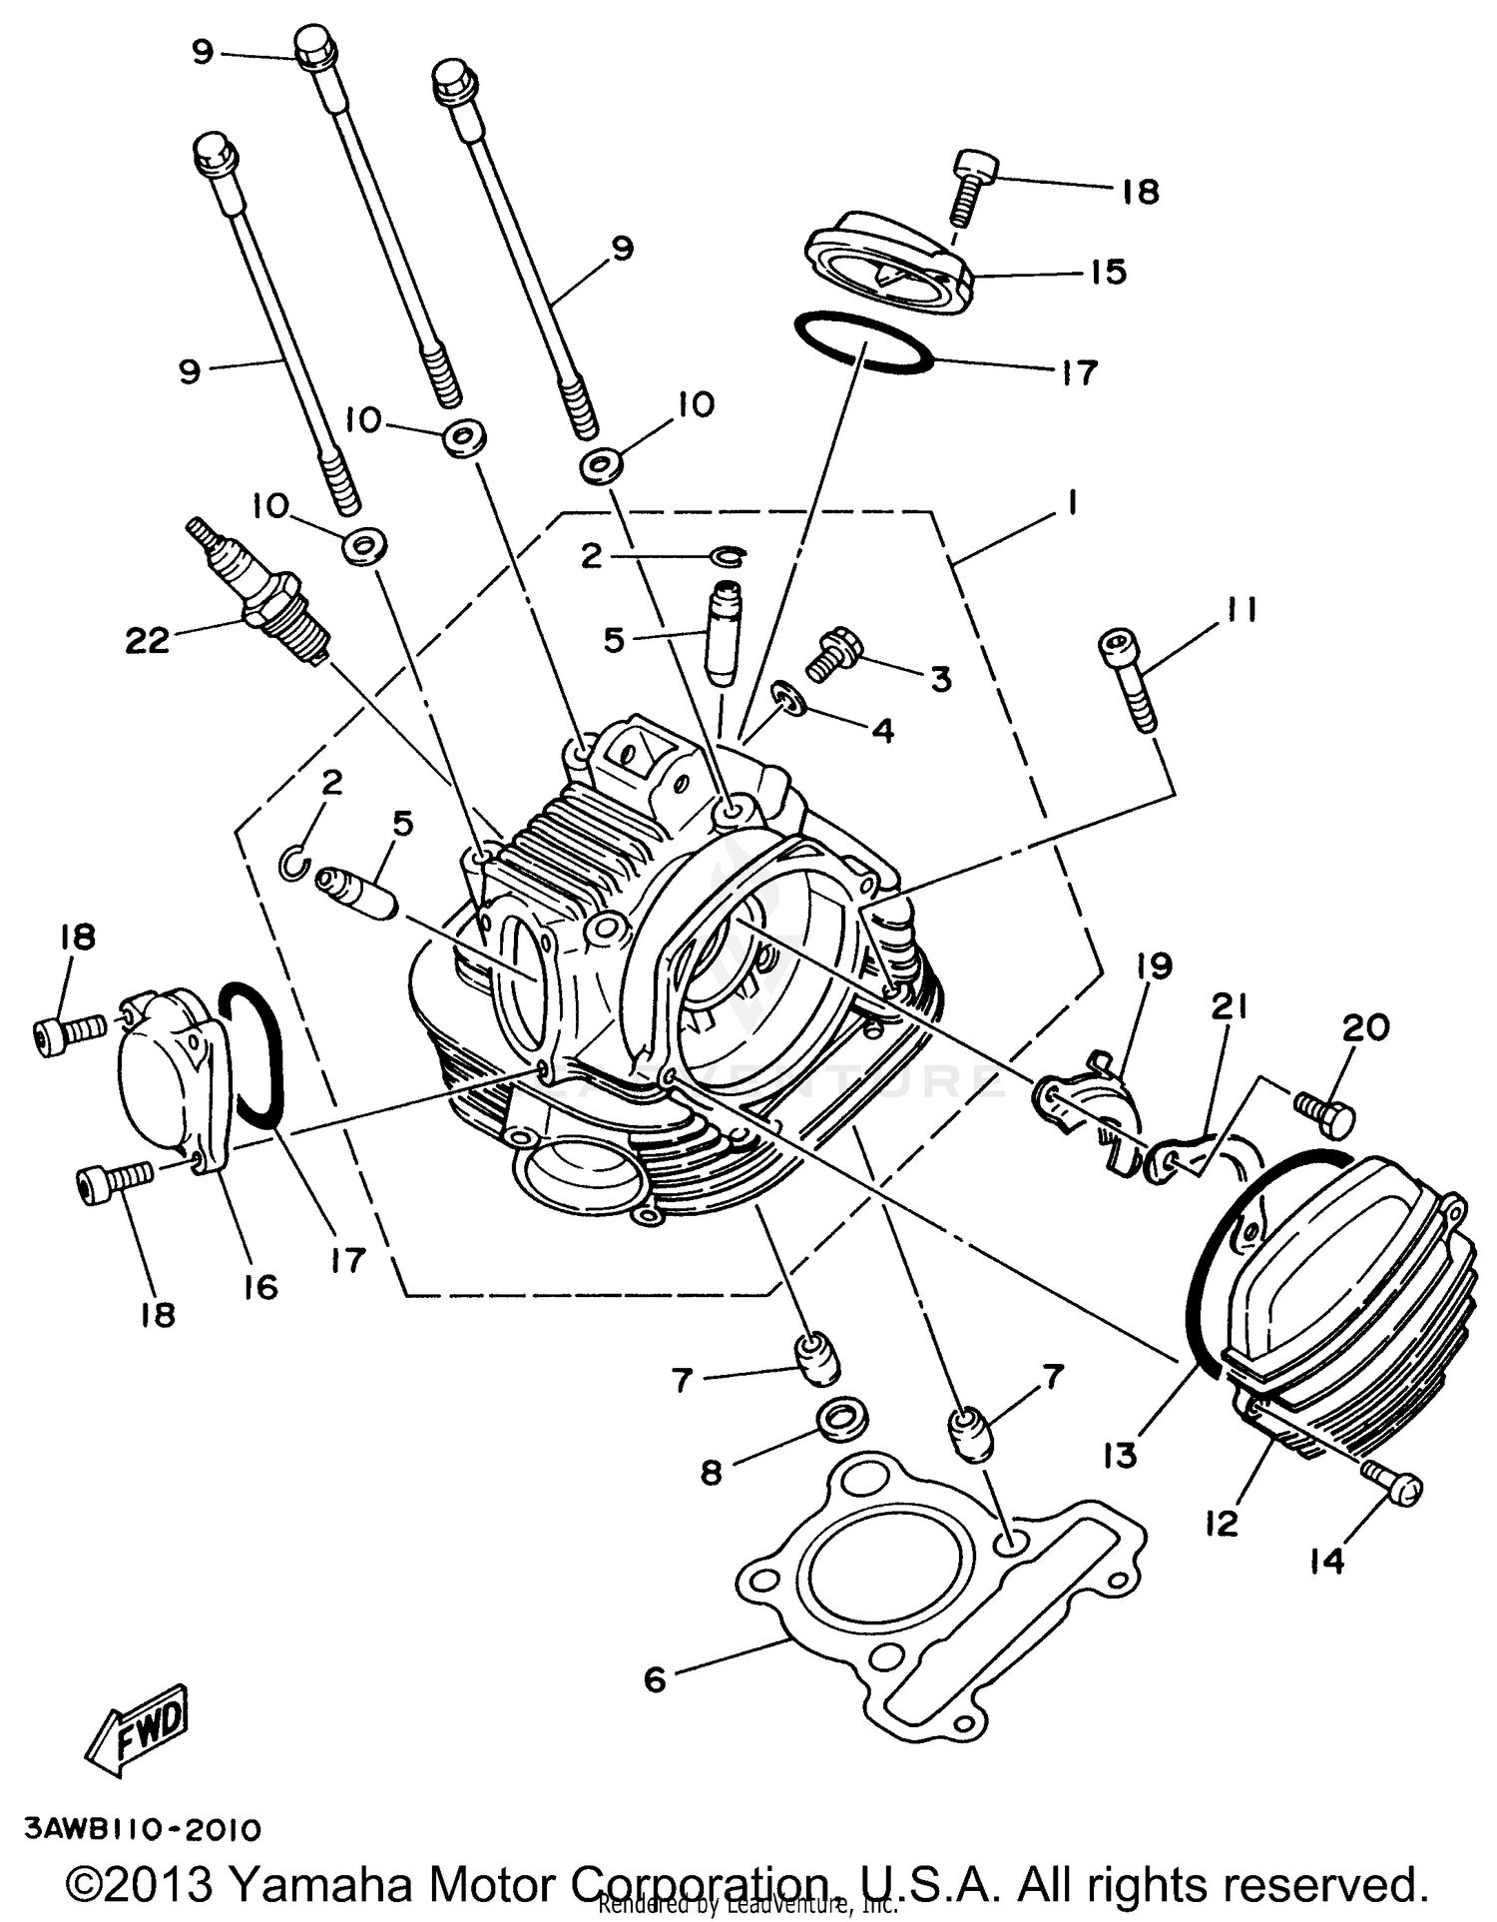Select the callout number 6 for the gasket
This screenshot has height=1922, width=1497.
(655, 1679)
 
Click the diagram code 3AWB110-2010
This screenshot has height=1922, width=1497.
(143, 1829)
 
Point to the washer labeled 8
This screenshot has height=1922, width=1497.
(842, 1418)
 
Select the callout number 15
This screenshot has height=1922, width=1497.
(1109, 272)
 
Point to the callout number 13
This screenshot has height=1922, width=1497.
(1120, 1456)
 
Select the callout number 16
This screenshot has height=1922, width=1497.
(260, 1287)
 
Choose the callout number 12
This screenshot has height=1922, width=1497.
(1222, 1523)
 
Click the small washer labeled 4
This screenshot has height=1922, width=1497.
(790, 697)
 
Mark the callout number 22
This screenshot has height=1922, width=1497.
(147, 640)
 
